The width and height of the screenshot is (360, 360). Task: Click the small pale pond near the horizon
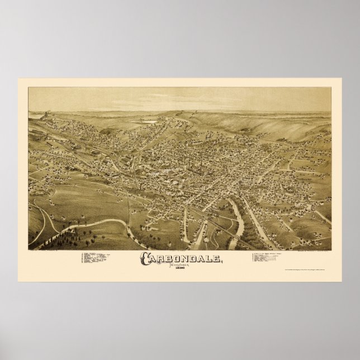tap(145, 120)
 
